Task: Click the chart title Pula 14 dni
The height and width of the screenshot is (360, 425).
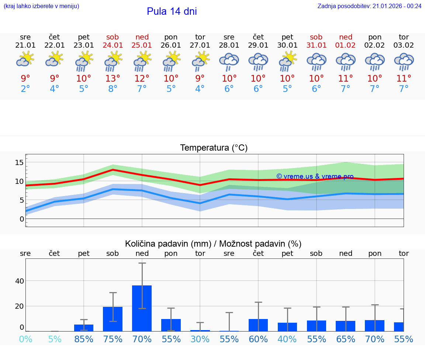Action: [x=172, y=11]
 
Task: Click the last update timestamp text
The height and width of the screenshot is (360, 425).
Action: [x=369, y=6]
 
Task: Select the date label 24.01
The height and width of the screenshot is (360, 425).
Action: [x=113, y=45]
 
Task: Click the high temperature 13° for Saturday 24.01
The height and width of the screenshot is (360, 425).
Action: [x=113, y=78]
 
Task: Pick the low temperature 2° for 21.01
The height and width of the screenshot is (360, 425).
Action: [x=25, y=89]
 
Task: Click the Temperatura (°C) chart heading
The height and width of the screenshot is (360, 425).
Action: [x=214, y=148]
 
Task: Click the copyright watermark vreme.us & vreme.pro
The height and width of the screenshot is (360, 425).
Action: [x=315, y=176]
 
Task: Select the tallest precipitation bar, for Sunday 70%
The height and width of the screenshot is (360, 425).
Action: [x=142, y=308]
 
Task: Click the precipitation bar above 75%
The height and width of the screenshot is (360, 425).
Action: [x=113, y=319]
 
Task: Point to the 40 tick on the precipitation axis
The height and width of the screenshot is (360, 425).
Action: [x=20, y=281]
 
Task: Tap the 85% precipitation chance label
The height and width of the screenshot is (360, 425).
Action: [x=84, y=339]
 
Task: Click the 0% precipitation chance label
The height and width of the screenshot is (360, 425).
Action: [x=25, y=339]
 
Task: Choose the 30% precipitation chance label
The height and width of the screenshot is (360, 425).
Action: [x=200, y=339]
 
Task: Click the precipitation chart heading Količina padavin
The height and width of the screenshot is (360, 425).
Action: [x=213, y=244]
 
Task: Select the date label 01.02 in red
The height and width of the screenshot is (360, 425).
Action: [x=346, y=45]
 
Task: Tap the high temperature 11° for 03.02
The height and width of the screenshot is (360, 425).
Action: [x=404, y=78]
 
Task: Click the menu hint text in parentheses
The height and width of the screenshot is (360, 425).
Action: [x=41, y=6]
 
